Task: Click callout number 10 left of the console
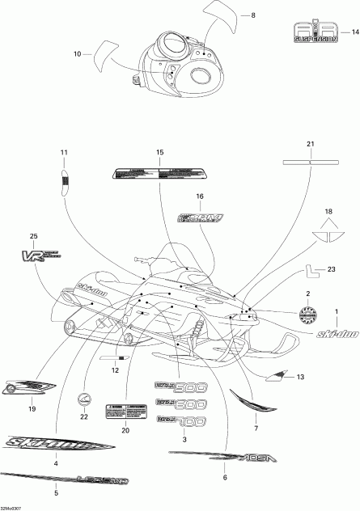78,54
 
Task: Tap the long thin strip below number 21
308,161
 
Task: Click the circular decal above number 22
83,399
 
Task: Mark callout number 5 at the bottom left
55,492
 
